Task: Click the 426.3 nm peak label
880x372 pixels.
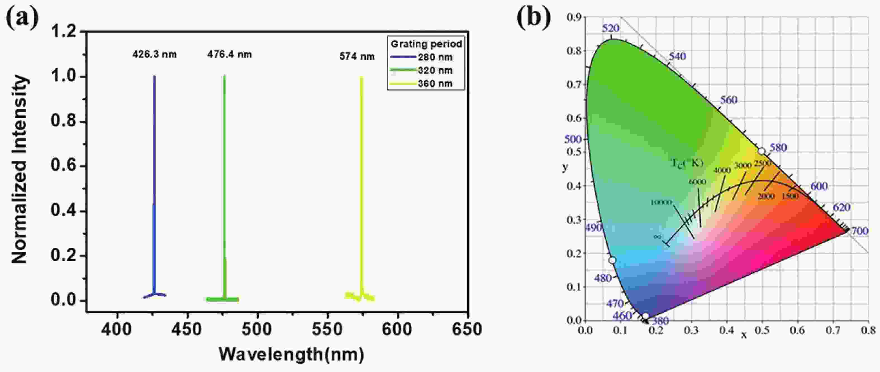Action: coord(154,55)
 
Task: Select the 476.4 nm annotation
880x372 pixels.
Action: coord(229,55)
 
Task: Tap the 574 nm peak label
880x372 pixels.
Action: coord(357,57)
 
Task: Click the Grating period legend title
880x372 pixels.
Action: coord(426,44)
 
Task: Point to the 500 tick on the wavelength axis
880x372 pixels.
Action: coord(257,329)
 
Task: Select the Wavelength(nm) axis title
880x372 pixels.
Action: coord(291,355)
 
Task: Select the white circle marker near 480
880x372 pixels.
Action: coord(612,260)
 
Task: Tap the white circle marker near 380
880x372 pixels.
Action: coord(645,316)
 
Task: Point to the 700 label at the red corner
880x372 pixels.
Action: coord(859,231)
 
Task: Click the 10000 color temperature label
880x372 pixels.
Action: coord(661,203)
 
